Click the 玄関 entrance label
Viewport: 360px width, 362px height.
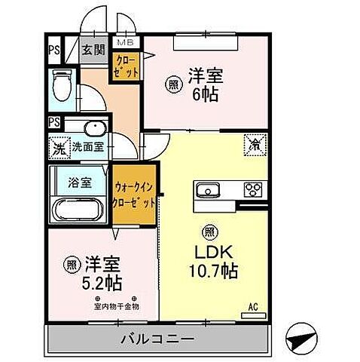point(93,51)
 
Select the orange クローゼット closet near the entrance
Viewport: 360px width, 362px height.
point(125,69)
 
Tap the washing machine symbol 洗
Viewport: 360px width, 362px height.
point(57,147)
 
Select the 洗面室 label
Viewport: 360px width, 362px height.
point(89,148)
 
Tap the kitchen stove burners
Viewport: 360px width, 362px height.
point(252,189)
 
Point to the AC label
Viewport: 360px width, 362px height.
point(255,307)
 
